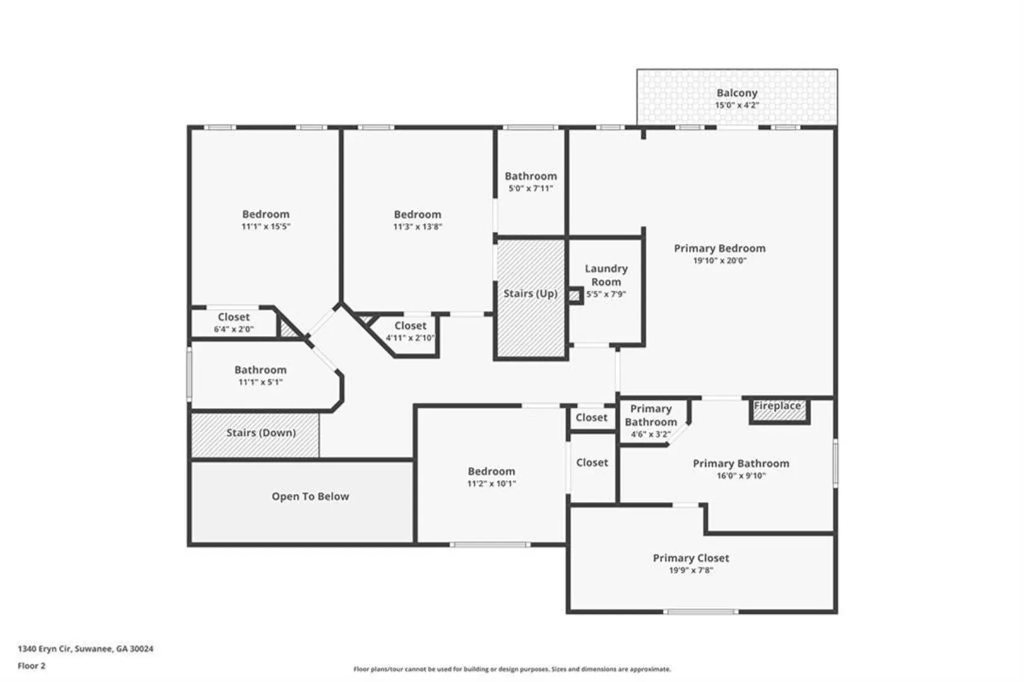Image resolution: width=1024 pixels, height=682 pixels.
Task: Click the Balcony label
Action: point(737,93)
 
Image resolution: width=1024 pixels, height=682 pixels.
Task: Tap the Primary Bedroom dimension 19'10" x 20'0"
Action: point(720,261)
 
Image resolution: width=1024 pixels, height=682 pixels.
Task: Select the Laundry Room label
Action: point(606,275)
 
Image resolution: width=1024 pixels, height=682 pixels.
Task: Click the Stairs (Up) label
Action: point(530,294)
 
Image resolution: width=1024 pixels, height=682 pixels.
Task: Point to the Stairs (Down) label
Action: point(261,433)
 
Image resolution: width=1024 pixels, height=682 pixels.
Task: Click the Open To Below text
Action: point(311,496)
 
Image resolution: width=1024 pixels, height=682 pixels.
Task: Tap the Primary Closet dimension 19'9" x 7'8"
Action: point(691,570)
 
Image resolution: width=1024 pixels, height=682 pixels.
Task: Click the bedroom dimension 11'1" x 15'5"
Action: point(266,227)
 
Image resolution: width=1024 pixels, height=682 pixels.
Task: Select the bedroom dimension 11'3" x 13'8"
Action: point(417,227)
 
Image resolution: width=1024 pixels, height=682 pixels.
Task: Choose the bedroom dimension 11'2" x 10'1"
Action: point(491,484)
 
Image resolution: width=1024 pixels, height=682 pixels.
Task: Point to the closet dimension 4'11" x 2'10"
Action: point(410,338)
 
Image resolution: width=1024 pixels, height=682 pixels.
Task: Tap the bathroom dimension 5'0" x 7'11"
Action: point(531,188)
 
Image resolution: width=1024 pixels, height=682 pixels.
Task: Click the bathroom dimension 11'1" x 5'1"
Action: point(261,382)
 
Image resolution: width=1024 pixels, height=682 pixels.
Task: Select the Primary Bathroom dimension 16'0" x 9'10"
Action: point(741,476)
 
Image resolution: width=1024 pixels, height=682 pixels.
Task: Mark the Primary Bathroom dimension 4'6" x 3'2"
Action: point(650,434)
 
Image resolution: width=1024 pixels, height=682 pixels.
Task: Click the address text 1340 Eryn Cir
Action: point(45,649)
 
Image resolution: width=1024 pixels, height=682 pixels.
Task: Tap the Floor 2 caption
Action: point(32,666)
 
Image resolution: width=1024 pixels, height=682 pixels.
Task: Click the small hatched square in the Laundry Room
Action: point(575,296)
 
